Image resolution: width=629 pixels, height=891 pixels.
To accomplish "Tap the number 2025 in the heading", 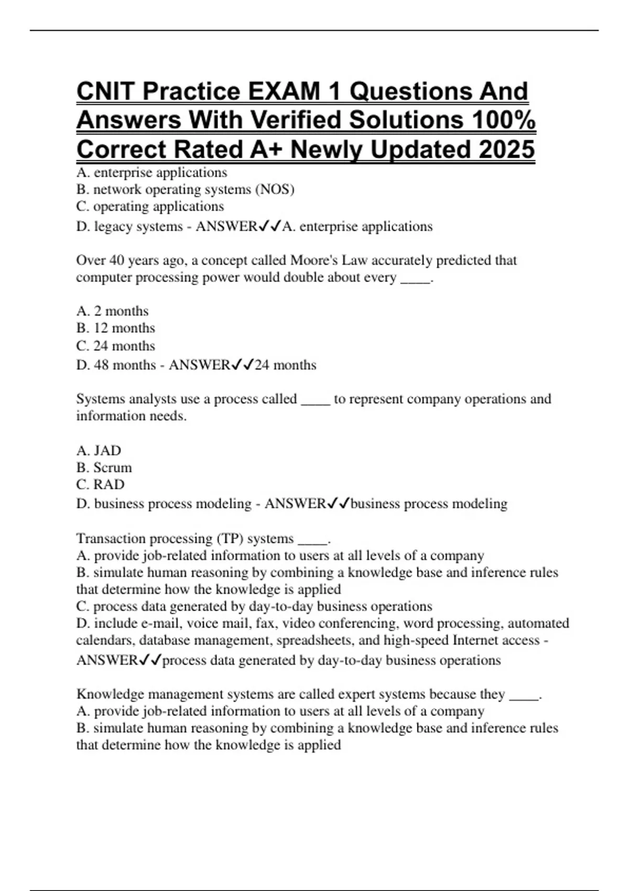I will [506, 149].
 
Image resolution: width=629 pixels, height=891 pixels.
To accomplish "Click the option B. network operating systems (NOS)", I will [185, 189].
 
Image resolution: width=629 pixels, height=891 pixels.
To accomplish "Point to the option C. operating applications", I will [150, 206].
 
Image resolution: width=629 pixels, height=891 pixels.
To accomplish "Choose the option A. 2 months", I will [112, 311].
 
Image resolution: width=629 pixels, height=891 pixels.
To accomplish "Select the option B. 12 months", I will [115, 328].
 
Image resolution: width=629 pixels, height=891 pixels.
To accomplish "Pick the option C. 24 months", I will [115, 346].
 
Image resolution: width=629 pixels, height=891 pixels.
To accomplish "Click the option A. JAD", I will [99, 451].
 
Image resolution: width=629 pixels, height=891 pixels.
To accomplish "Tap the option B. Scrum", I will [104, 468].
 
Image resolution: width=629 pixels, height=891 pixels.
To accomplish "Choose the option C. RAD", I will [100, 484].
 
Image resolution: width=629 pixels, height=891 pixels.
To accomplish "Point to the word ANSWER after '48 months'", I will [199, 365].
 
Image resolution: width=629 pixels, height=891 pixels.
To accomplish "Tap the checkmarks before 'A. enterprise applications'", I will [270, 226].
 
